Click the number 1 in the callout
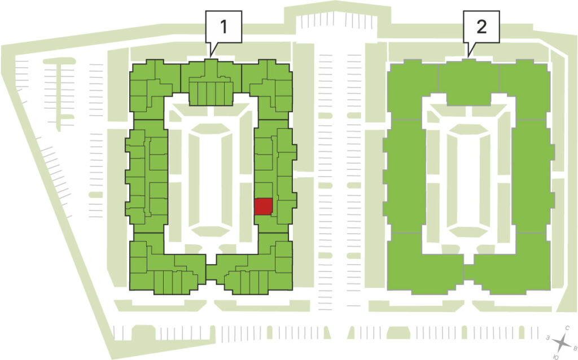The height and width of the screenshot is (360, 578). [x=224, y=27]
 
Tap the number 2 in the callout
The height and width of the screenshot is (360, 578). [x=481, y=27]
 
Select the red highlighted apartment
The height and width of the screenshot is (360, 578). [x=264, y=207]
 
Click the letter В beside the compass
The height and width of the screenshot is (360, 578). [x=574, y=347]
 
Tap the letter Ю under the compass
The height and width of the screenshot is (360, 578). [x=555, y=357]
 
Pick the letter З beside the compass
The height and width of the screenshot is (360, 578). [x=548, y=337]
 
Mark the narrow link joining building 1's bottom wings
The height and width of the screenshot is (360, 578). [x=211, y=273]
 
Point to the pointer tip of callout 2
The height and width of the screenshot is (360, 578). [x=468, y=57]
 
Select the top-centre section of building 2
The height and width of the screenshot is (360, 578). [x=468, y=82]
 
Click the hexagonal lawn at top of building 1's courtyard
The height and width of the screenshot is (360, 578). [x=211, y=129]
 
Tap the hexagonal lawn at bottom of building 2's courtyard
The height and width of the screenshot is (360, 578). [x=468, y=231]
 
